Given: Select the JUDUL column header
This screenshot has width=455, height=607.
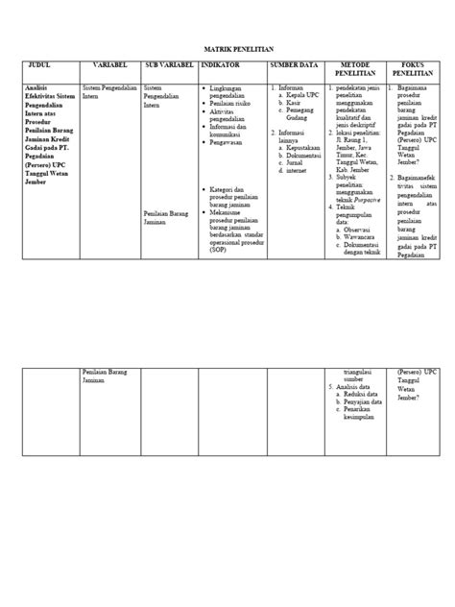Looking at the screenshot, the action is (x=45, y=65).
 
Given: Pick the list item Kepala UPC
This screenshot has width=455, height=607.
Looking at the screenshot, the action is (x=295, y=96).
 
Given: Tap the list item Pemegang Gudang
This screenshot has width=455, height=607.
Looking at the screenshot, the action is (x=295, y=115).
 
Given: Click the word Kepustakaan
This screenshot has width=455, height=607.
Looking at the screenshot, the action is (x=299, y=151).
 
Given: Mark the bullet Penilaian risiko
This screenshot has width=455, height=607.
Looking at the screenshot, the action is (x=232, y=105).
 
